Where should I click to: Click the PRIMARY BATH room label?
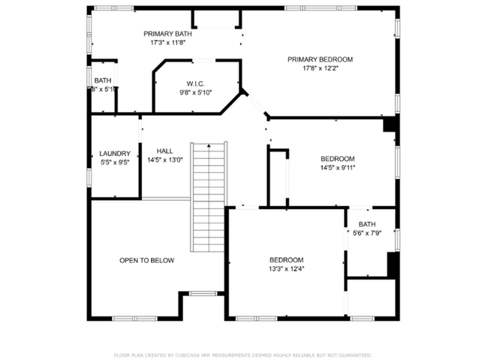coord(168,34)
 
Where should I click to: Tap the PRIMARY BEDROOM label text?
coord(321,59)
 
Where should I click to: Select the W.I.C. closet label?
coord(196,83)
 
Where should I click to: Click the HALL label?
coord(164,151)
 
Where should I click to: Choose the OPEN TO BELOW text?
coord(146,260)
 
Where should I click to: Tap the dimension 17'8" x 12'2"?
coord(321,68)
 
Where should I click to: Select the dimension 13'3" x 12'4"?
coord(286,268)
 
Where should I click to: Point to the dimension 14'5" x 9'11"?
coord(337,168)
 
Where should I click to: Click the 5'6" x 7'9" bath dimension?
coord(367,233)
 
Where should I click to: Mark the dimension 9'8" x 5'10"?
coord(196,92)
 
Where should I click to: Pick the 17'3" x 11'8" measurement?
coord(168,43)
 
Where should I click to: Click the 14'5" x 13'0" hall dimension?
coord(164,160)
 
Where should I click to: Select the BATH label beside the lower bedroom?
coord(367,224)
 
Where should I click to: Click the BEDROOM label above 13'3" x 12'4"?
coord(286,259)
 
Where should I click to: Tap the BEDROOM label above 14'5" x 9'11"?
coord(337,159)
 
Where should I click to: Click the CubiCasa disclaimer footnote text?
coord(242,354)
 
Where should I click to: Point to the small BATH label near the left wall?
coord(102,80)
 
